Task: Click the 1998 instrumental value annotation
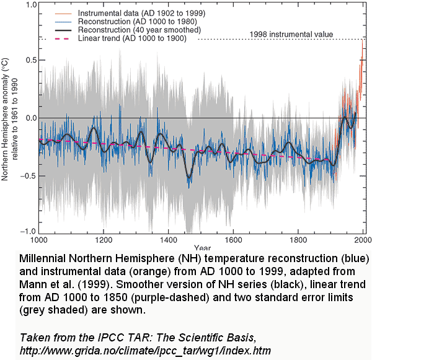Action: click(291, 35)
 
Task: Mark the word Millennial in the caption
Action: click(44, 257)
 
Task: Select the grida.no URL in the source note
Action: click(146, 350)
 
